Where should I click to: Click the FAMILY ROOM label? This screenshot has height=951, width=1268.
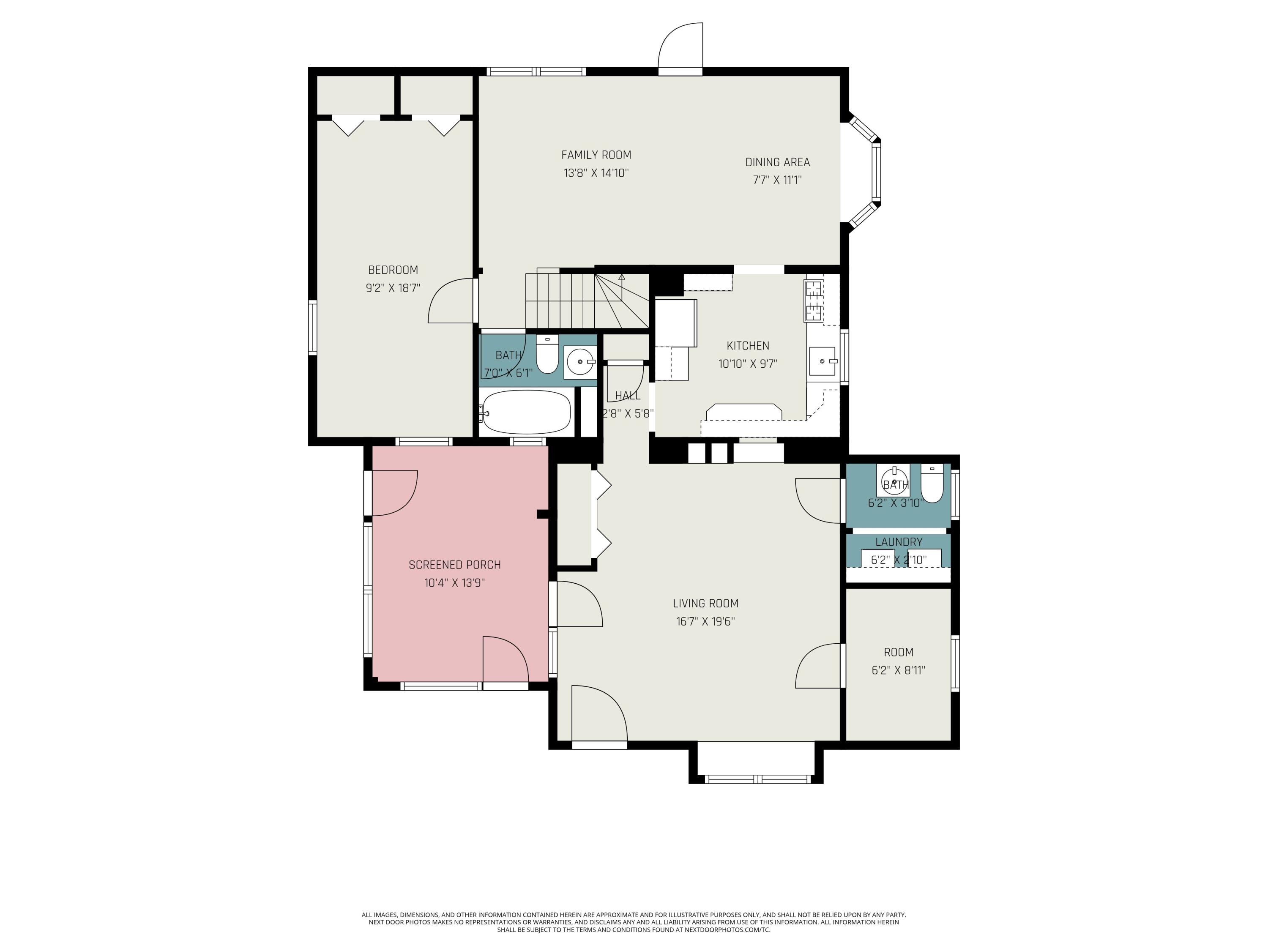(596, 155)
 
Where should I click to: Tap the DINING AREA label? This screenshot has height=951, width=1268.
(777, 162)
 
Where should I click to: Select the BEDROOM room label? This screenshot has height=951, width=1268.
(393, 270)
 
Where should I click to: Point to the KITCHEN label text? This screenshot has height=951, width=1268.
(748, 346)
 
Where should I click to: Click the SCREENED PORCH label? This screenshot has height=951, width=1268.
(454, 565)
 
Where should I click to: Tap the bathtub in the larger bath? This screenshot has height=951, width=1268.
(527, 412)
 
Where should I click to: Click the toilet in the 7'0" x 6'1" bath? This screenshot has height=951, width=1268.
(547, 355)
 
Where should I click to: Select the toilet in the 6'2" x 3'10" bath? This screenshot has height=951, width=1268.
(932, 484)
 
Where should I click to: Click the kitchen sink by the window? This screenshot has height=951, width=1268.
(821, 361)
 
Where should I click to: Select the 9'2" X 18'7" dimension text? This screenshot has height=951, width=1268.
(393, 288)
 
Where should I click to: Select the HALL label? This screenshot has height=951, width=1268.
(627, 396)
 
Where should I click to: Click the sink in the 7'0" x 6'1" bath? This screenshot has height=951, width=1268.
(580, 362)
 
